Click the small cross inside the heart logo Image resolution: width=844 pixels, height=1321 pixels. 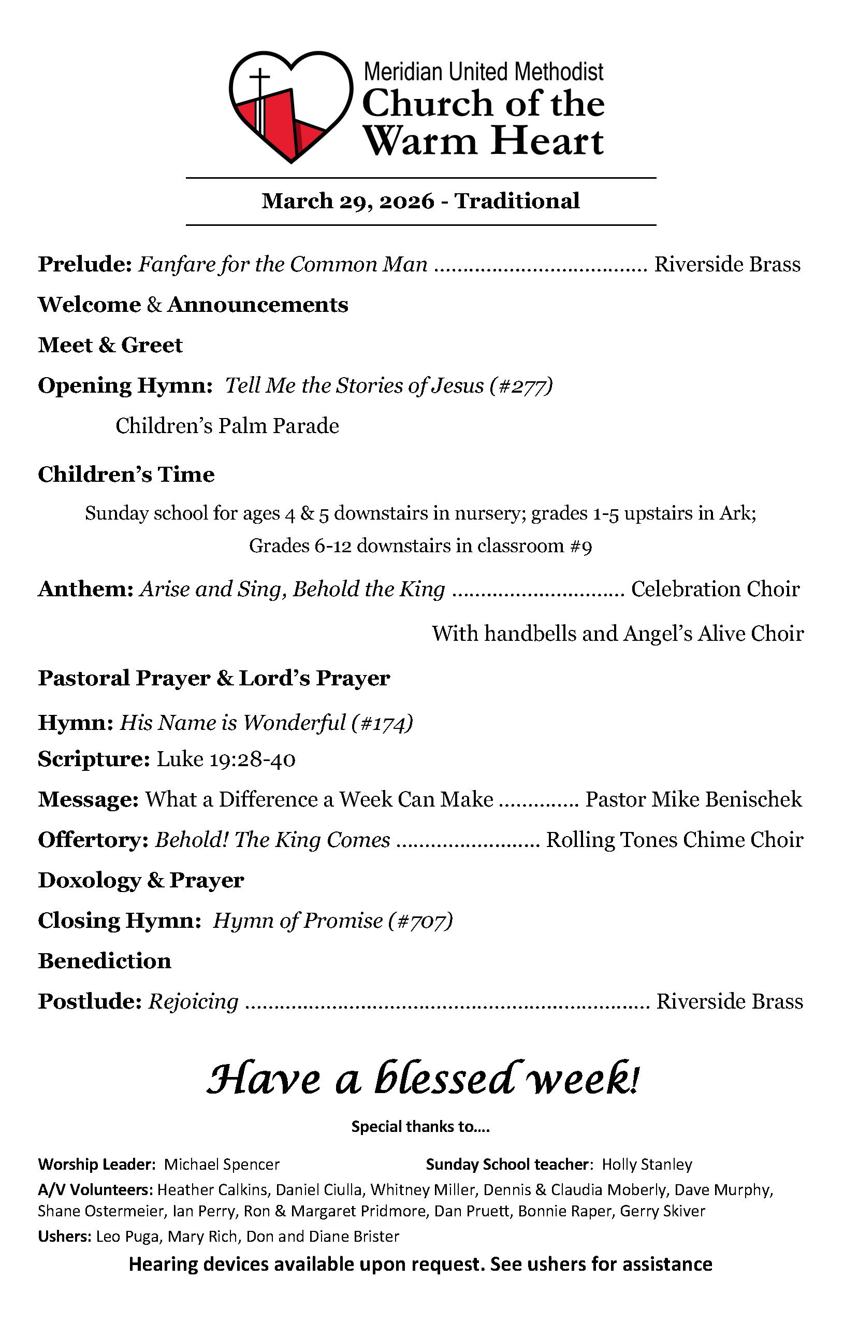260,82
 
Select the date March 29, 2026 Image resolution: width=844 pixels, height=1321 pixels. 347,202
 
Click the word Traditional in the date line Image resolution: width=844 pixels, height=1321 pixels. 517,202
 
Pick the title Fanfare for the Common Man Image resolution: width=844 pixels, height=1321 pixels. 282,264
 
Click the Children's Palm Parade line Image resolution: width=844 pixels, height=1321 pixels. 227,426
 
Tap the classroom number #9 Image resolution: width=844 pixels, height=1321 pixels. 581,546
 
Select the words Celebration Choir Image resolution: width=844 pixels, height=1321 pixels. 715,589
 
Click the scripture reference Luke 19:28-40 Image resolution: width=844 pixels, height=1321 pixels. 226,759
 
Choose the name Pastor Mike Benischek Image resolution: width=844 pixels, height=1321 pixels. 693,800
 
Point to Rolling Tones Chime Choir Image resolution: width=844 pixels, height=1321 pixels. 675,840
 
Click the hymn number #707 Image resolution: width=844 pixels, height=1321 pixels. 420,921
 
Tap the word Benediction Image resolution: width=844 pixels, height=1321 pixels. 104,961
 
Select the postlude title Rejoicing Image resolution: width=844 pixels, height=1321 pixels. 194,1001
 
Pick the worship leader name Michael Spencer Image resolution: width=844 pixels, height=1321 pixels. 222,1164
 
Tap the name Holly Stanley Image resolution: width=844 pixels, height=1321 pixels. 647,1164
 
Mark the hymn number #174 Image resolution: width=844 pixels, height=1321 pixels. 382,723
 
